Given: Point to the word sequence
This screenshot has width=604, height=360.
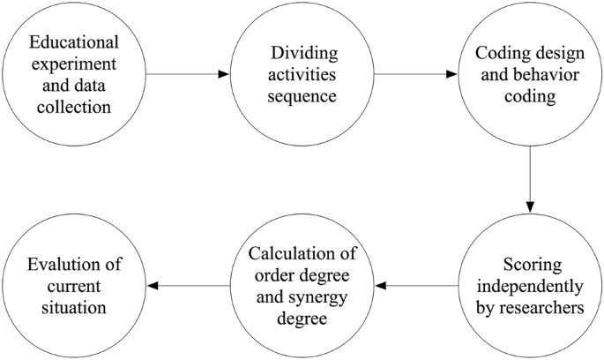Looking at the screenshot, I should [302, 96].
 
